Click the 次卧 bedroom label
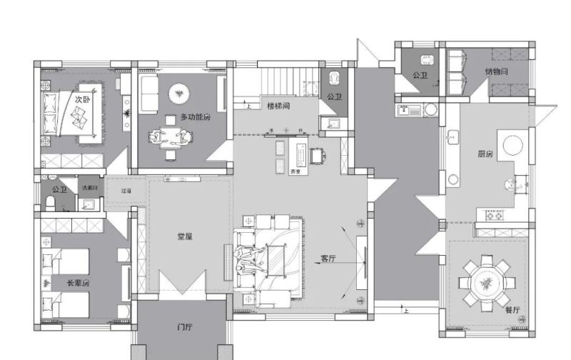click(x=84, y=100)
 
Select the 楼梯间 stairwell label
click(x=278, y=106)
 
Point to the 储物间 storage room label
click(x=496, y=71)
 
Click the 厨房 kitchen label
click(x=485, y=154)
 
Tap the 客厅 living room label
click(x=328, y=259)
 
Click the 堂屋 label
click(x=185, y=236)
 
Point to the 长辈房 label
click(x=78, y=283)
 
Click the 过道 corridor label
click(x=126, y=191)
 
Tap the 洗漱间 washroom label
click(x=90, y=187)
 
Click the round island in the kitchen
click(x=515, y=144)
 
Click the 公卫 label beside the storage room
click(x=420, y=74)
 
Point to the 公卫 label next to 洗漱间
click(x=59, y=190)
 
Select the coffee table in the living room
click(x=276, y=259)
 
